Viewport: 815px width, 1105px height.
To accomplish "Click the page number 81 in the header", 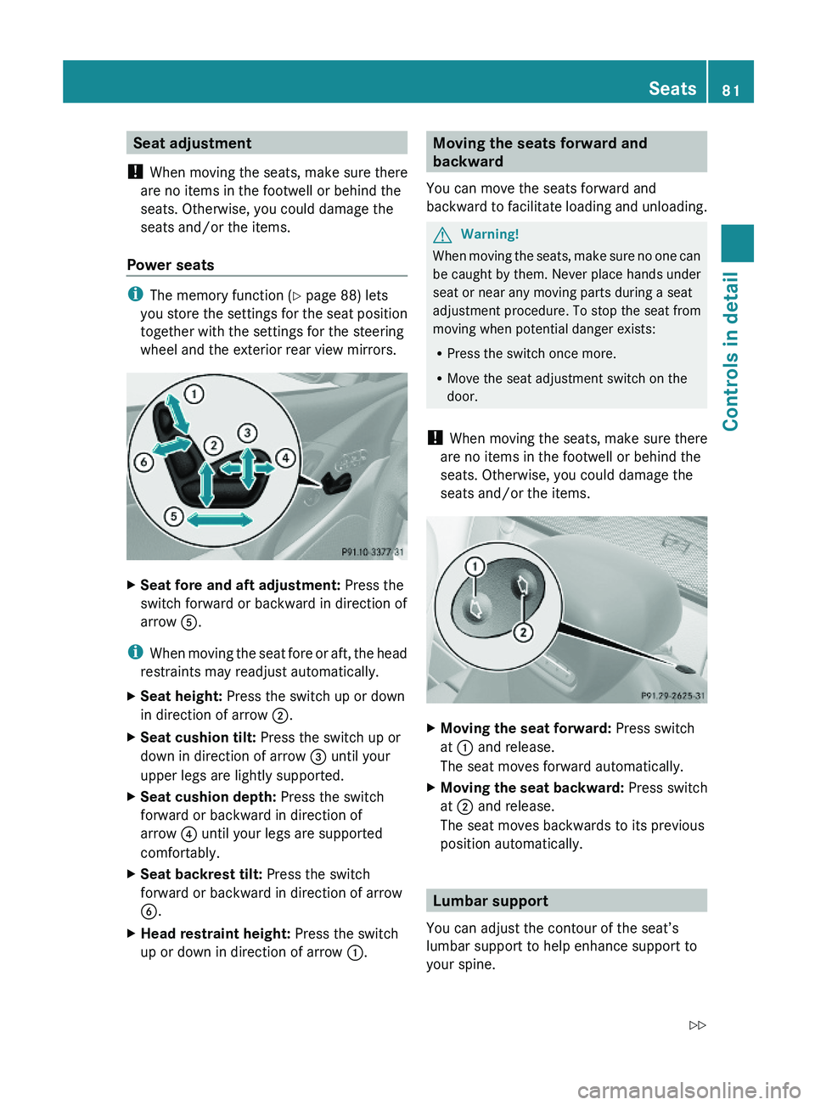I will coord(731,90).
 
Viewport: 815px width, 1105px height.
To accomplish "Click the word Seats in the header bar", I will coord(672,88).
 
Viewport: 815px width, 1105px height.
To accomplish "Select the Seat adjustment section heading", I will coord(193,143).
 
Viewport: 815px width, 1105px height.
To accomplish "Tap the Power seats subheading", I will coord(171,265).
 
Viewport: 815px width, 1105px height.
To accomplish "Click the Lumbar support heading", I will coord(490,901).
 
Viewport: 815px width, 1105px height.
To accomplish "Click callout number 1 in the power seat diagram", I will coord(194,394).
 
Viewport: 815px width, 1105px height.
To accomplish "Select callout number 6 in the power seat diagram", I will coord(144,462).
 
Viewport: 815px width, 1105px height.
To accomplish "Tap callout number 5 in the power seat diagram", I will coord(174,516).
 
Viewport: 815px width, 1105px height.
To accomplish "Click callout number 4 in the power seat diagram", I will coord(286,457).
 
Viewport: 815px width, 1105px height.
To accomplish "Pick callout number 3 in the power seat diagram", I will coord(247,433).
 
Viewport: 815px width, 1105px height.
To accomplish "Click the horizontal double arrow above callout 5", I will coord(219,519).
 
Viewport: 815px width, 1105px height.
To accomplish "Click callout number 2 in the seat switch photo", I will coord(524,631).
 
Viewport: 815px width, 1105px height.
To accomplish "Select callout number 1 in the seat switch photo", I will coord(475,566).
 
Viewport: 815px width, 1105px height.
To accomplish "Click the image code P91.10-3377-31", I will coord(372,552).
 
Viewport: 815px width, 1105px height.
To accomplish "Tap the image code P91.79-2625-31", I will coord(672,696).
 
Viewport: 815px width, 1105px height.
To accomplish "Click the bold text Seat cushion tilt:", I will coord(198,738).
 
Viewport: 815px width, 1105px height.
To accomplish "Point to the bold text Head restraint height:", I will coord(216,934).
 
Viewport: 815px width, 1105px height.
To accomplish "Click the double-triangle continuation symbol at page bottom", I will coord(697,1025).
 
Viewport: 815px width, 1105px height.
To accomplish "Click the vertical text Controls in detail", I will coord(731,351).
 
